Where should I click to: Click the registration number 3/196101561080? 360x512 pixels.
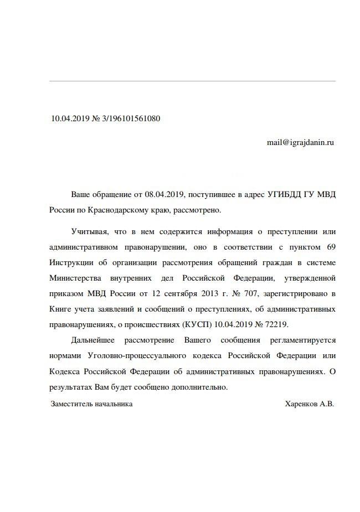coord(132,118)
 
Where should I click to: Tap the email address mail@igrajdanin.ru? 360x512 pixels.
coord(300,142)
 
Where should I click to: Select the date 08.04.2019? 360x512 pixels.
coord(164,195)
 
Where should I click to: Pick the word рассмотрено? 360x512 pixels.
coord(198,210)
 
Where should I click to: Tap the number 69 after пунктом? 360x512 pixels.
coord(330,245)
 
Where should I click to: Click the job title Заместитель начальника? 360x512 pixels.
coord(91,404)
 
